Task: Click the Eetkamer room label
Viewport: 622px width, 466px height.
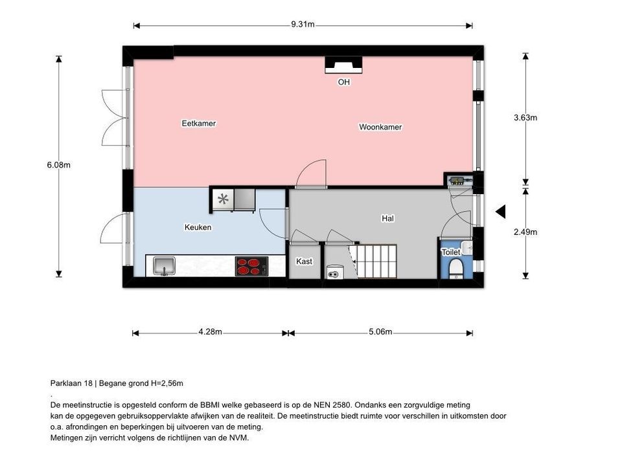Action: pyautogui.click(x=198, y=123)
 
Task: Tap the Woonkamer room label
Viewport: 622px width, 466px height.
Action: pyautogui.click(x=380, y=127)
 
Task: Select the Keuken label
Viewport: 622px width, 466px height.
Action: pyautogui.click(x=198, y=227)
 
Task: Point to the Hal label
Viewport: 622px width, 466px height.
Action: pyautogui.click(x=387, y=219)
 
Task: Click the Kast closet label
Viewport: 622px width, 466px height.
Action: pyautogui.click(x=304, y=261)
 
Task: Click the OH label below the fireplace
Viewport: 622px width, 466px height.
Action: pyautogui.click(x=343, y=82)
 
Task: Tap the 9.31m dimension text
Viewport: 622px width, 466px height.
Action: pyautogui.click(x=303, y=25)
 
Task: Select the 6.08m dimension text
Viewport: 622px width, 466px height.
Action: pyautogui.click(x=58, y=165)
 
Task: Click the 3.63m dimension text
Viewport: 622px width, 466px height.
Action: pyautogui.click(x=525, y=118)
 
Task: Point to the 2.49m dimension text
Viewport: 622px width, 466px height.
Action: pyautogui.click(x=525, y=232)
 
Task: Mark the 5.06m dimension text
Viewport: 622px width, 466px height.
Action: pyautogui.click(x=380, y=332)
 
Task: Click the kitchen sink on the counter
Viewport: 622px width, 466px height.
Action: pyautogui.click(x=165, y=265)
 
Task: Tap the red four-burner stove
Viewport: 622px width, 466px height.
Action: pyautogui.click(x=251, y=266)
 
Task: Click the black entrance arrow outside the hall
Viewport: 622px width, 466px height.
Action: pyautogui.click(x=500, y=212)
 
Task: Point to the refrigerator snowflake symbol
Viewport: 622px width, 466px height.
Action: pyautogui.click(x=223, y=200)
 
